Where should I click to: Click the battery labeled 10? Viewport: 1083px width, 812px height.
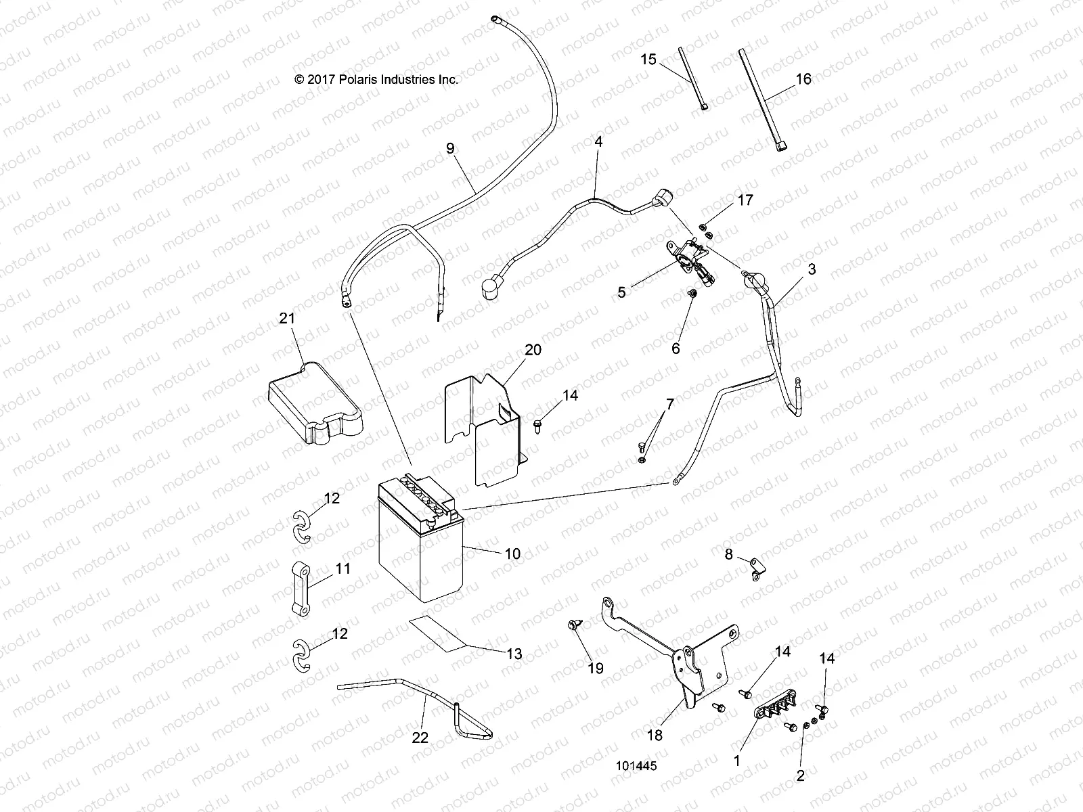point(420,555)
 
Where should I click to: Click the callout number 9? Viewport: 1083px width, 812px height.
point(450,148)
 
